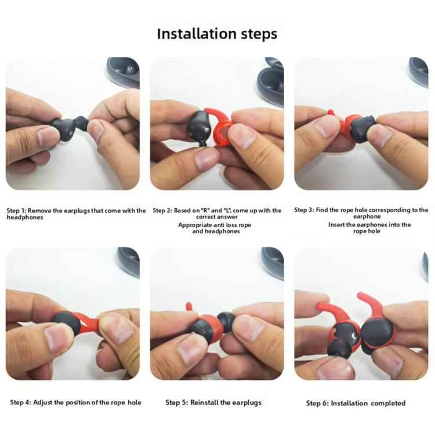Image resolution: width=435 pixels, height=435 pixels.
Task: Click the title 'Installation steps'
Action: pos(217,34)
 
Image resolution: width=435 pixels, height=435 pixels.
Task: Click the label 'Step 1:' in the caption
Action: pos(17,211)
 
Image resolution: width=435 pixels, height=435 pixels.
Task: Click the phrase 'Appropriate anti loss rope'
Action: pos(215,224)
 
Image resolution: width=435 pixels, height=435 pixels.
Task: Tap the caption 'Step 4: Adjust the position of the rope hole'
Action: pos(75,403)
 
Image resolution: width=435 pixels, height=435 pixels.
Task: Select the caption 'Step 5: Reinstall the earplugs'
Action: pos(213,403)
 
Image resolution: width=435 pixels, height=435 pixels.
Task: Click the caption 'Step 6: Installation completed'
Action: pos(356,403)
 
